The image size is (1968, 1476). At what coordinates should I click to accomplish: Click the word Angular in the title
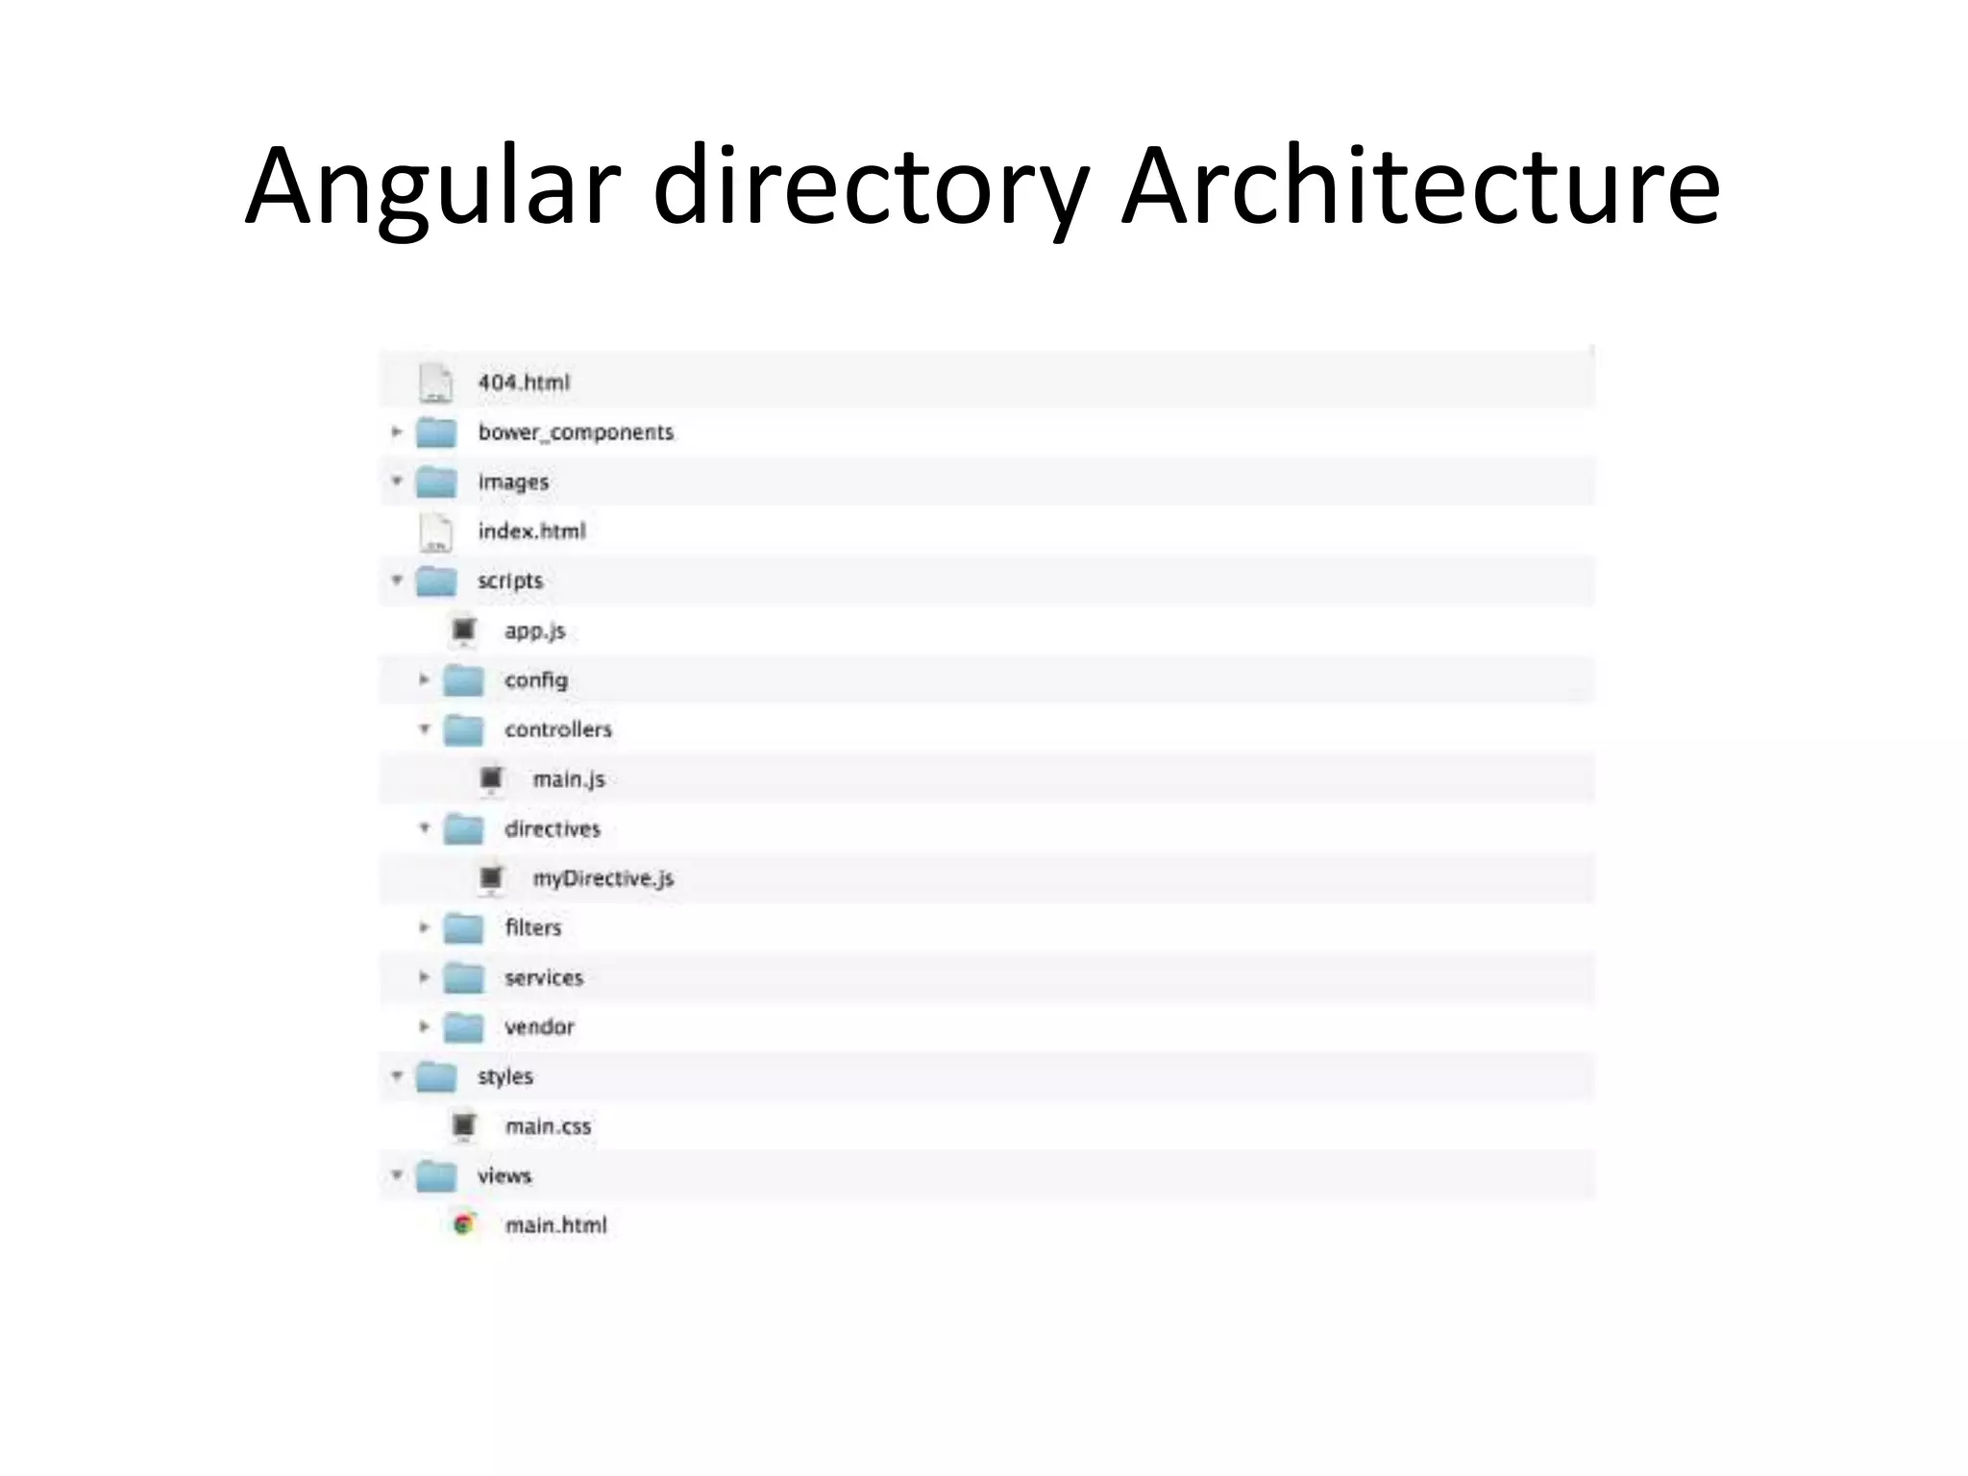432,187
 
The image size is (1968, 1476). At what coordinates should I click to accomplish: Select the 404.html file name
524,382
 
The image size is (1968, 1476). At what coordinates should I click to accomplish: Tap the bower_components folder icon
436,432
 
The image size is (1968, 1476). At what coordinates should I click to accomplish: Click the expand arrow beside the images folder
397,480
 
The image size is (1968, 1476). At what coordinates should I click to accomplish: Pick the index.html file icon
436,532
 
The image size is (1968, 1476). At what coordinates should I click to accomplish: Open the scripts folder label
510,581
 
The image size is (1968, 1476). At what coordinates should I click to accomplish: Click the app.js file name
535,631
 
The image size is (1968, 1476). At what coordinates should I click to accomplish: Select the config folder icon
463,680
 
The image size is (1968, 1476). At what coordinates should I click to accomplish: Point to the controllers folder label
558,730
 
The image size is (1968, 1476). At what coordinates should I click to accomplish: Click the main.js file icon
491,779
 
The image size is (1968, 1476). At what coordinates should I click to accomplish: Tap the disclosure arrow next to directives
424,828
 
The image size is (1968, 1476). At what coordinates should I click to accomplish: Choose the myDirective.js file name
603,878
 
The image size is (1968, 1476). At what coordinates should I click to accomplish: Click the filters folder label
533,928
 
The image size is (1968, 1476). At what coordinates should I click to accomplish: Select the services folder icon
463,978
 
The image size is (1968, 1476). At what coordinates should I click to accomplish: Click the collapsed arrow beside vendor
424,1027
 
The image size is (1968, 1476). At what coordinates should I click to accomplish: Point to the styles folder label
505,1077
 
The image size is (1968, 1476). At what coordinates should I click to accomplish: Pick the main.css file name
549,1127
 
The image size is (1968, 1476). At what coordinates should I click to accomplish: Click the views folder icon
436,1176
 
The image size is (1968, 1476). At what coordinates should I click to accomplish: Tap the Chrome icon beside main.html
464,1225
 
